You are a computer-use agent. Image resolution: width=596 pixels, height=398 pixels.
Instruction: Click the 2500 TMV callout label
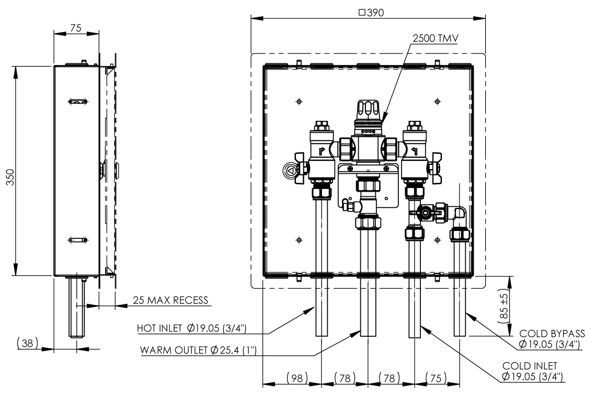point(434,39)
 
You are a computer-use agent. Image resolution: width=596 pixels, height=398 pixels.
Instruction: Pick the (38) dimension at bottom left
point(24,343)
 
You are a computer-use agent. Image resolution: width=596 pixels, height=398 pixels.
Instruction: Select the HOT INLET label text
point(192,328)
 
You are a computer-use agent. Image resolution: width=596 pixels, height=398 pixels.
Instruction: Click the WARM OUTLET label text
point(198,350)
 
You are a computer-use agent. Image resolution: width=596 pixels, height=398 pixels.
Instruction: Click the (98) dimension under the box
point(297,377)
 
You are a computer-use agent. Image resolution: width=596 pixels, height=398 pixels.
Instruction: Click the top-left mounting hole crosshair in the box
point(299,101)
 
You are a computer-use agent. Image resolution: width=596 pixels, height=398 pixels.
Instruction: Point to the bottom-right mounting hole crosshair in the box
point(437,240)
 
